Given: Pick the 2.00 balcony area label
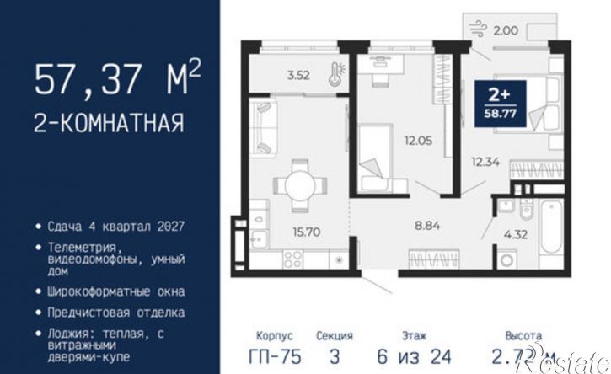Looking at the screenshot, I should [x=505, y=30].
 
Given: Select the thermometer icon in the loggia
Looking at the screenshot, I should [x=334, y=72].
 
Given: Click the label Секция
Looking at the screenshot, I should [x=335, y=334].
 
